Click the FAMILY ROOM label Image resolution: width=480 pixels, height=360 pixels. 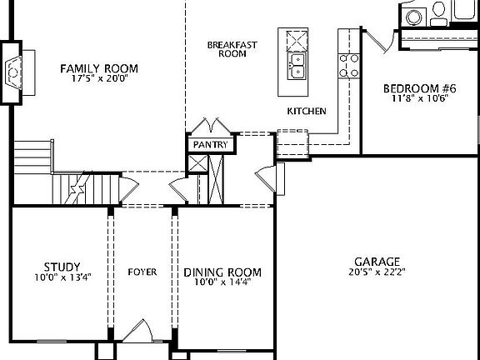point(99,68)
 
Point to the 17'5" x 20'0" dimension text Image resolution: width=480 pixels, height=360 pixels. point(99,80)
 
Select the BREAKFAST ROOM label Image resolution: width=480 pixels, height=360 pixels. point(227,48)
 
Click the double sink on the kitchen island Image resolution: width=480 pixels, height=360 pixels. point(297,67)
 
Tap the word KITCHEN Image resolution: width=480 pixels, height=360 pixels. point(306,111)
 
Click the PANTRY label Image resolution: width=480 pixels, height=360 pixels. point(210,144)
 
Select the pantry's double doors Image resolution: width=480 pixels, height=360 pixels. point(212,126)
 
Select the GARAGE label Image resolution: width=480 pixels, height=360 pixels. point(377,261)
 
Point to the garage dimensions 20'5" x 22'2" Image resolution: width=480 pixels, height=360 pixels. point(377,272)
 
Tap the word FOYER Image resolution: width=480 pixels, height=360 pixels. point(142,272)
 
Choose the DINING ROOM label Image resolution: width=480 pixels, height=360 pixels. point(222,272)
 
